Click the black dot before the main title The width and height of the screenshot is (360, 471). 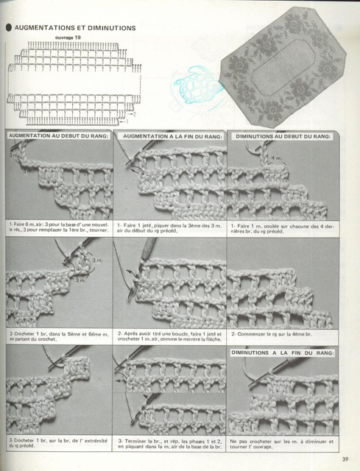[x=8, y=28]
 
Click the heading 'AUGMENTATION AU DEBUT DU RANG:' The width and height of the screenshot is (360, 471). [x=59, y=137]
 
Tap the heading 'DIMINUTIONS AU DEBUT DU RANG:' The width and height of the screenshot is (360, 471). [x=283, y=137]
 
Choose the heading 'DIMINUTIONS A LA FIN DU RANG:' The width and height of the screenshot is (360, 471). [x=283, y=353]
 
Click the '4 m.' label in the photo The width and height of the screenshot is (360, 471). [x=276, y=158]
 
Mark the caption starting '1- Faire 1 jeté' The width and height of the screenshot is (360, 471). [x=169, y=227]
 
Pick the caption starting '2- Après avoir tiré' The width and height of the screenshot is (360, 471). [x=169, y=336]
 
